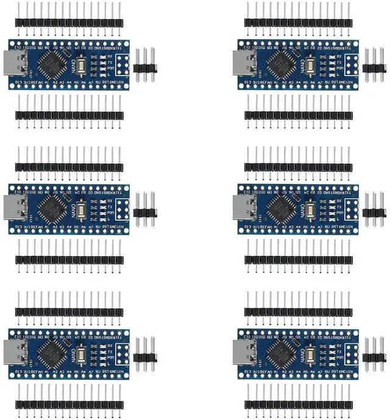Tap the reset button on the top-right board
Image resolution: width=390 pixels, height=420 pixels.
(x=311, y=64)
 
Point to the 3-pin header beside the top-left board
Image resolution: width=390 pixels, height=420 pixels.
(x=146, y=65)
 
